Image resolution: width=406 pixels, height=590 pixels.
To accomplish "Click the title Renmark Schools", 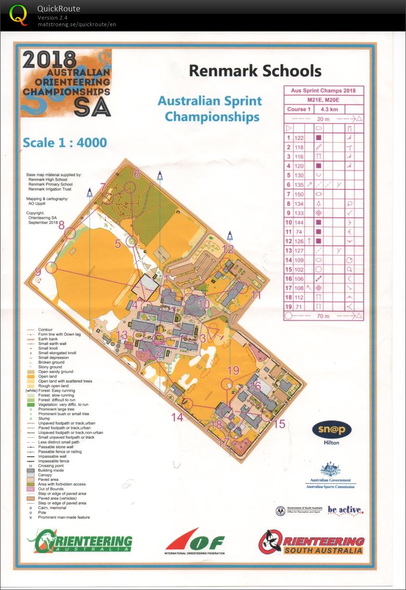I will [x=255, y=71].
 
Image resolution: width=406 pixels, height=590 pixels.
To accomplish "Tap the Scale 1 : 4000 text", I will [x=65, y=143].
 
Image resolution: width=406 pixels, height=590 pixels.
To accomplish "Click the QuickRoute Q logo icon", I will [x=19, y=14].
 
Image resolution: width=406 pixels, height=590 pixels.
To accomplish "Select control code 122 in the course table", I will [x=299, y=138].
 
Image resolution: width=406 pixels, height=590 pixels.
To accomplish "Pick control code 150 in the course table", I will [x=299, y=194].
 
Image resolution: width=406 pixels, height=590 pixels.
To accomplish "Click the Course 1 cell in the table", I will [x=299, y=109].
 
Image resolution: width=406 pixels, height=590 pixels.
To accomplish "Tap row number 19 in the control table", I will [x=288, y=306].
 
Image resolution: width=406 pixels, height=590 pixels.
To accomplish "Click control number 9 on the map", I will [x=38, y=270].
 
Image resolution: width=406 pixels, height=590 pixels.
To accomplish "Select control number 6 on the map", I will [x=137, y=174].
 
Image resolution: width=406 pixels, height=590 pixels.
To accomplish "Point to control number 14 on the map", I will [x=177, y=417].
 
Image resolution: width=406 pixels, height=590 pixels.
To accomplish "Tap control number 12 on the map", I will [x=228, y=248].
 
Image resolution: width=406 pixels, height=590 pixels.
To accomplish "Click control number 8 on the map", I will [x=61, y=225].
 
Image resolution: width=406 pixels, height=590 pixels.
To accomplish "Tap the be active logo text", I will [x=345, y=510].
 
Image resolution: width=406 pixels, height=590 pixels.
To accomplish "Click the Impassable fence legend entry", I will [x=54, y=461].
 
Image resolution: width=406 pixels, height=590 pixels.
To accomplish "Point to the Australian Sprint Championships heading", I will [x=210, y=109].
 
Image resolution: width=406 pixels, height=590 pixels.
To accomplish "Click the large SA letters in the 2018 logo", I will [x=93, y=108].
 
